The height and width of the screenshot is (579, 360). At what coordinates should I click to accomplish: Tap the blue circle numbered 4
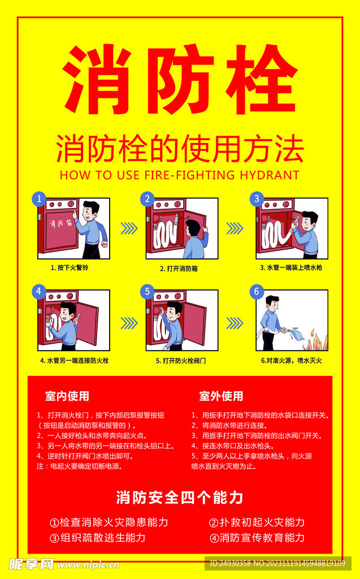point(39,291)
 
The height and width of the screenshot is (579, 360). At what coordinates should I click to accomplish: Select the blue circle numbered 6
point(257,291)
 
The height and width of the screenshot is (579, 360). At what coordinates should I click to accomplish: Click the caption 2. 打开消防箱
point(179,269)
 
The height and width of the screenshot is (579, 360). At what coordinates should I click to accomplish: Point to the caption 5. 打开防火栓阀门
point(180,361)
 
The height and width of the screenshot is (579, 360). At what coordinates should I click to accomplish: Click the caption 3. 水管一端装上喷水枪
point(291,267)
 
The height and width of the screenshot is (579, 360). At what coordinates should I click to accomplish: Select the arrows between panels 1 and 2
point(129,228)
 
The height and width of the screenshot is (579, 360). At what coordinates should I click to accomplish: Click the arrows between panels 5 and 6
point(235,323)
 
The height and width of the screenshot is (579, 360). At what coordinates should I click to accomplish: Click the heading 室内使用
point(67,396)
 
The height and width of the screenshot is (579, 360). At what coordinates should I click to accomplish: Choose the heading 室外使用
point(221,396)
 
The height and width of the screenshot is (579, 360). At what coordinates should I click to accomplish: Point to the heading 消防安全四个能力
point(180,498)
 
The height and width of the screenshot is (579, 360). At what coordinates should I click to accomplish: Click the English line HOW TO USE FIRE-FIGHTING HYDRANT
point(180,175)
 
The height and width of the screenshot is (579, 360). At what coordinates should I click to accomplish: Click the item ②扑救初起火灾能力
point(257,522)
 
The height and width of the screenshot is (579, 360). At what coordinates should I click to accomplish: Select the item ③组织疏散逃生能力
point(98,537)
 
